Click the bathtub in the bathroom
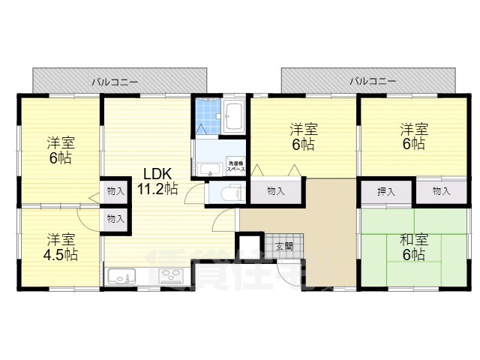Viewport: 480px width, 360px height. (x=233, y=115)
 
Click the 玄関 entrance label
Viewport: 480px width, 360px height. (x=283, y=246)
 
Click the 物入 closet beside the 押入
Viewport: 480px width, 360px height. (x=441, y=192)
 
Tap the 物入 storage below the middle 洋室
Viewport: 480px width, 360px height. (x=276, y=192)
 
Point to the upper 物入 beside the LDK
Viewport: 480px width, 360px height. (x=115, y=191)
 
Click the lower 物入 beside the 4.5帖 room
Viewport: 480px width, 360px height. (x=115, y=219)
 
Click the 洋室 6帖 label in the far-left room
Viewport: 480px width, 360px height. (x=60, y=149)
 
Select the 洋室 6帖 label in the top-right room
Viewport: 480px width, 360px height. (x=412, y=135)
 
